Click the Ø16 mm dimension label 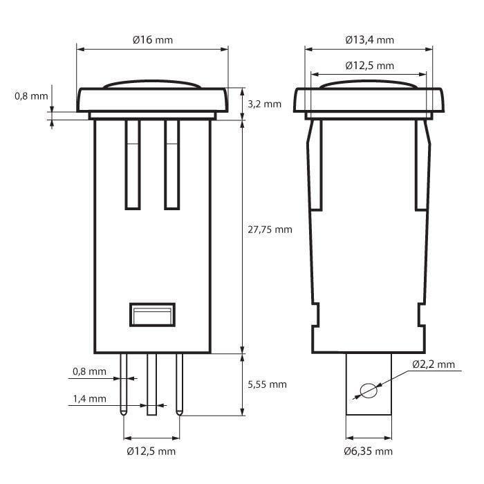pyautogui.click(x=152, y=39)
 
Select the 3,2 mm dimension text pyautogui.click(x=263, y=104)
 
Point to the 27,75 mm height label pyautogui.click(x=270, y=230)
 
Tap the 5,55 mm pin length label pyautogui.click(x=267, y=384)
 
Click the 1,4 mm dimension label pyautogui.click(x=90, y=399)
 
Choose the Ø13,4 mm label pyautogui.click(x=370, y=39)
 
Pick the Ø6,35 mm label pyautogui.click(x=369, y=452)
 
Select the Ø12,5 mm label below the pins pyautogui.click(x=151, y=452)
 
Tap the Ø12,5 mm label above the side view pyautogui.click(x=370, y=66)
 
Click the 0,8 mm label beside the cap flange pyautogui.click(x=32, y=96)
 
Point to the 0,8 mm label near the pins pyautogui.click(x=90, y=371)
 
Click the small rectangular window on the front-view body pyautogui.click(x=151, y=315)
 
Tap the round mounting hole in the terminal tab pyautogui.click(x=369, y=391)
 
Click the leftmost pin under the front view pyautogui.click(x=124, y=384)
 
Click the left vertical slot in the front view pyautogui.click(x=132, y=164)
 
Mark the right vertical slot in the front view pyautogui.click(x=171, y=164)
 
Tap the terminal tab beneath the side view pyautogui.click(x=369, y=408)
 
